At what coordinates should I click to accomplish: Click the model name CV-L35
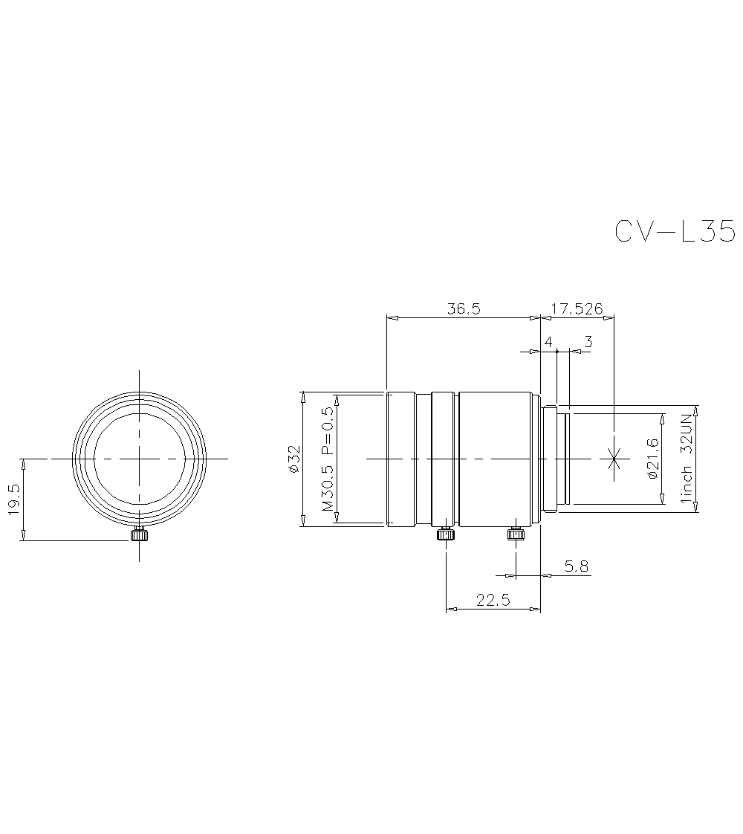click(675, 231)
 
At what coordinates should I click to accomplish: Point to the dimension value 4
click(548, 342)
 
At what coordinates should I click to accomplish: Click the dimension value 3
click(588, 342)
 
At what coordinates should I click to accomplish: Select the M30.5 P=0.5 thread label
click(327, 459)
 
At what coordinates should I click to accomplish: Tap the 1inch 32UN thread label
click(687, 459)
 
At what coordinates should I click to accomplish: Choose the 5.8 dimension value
click(576, 566)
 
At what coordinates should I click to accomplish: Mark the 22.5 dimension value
click(493, 601)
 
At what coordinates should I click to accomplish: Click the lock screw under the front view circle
click(138, 534)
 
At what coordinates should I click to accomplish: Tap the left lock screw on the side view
click(445, 533)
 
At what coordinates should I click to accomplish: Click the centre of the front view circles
click(138, 459)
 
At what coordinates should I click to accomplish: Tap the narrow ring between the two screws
click(444, 459)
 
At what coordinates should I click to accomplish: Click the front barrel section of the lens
click(401, 459)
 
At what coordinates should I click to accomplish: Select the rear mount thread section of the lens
click(556, 459)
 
